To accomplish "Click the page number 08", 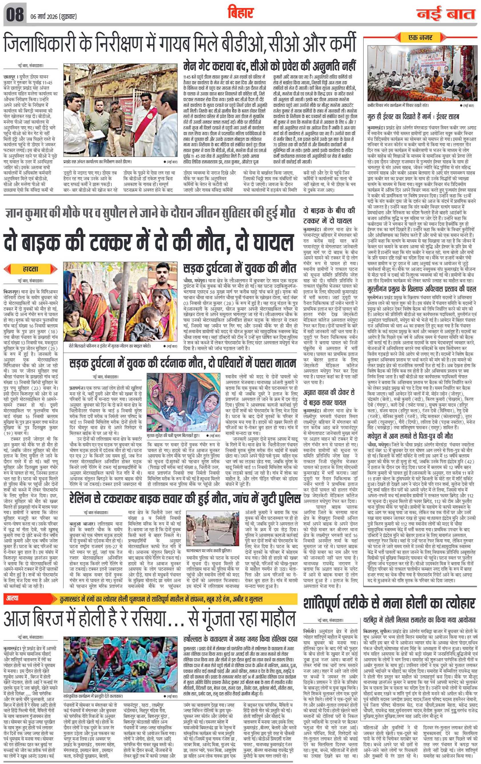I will tap(15, 15).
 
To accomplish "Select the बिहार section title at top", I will tap(241, 13).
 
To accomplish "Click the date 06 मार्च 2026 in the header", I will tap(54, 17).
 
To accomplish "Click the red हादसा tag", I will tap(31, 269).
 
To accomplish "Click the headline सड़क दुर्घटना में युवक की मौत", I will tap(239, 268).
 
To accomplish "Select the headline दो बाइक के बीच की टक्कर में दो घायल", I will tap(329, 216).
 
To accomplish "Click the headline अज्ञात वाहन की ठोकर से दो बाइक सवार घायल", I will tap(329, 398).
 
